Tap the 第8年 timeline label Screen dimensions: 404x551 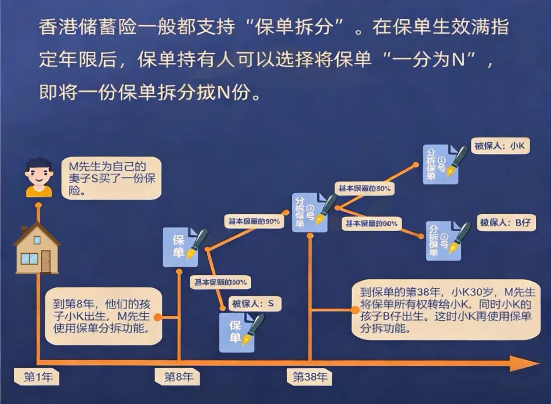(x=178, y=377)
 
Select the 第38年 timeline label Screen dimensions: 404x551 (x=309, y=377)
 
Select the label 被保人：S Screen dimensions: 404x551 (x=253, y=304)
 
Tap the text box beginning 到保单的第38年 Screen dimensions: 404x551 (x=445, y=310)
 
